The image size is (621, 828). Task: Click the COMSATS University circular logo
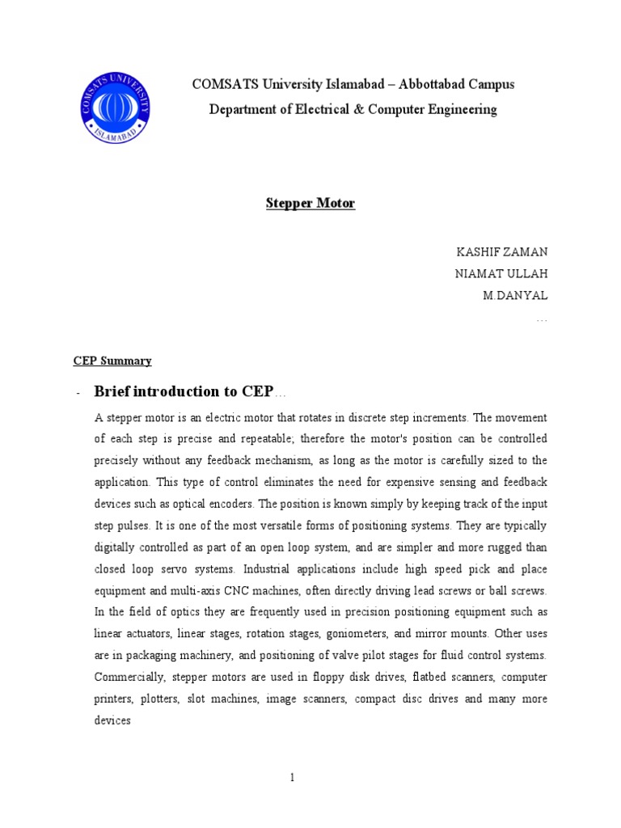[115, 109]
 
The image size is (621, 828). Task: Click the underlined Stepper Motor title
[310, 204]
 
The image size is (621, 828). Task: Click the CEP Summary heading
[112, 361]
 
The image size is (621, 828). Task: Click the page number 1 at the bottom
[293, 778]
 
